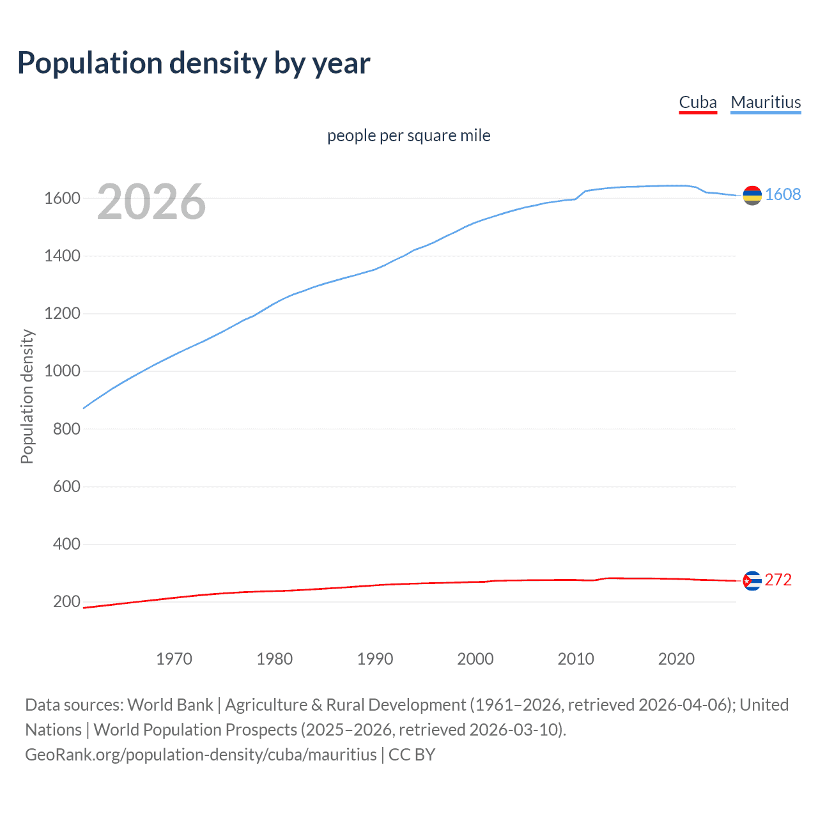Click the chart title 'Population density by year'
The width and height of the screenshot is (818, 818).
(194, 63)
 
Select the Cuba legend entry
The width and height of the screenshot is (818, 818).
(698, 102)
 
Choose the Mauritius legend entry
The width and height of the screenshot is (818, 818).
(766, 102)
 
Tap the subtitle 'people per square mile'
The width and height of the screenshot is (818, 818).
(409, 135)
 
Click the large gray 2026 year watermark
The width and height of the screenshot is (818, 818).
(151, 202)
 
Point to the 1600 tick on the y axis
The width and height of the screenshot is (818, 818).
(62, 198)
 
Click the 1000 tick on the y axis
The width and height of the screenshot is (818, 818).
(62, 371)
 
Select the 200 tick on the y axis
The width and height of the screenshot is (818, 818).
(66, 601)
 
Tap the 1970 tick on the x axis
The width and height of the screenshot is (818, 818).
(174, 659)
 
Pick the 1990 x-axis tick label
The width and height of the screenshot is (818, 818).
(375, 659)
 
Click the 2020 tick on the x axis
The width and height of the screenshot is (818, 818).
(676, 659)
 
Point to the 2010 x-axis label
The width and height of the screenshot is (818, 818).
(576, 659)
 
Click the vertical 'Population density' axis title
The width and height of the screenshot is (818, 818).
(27, 396)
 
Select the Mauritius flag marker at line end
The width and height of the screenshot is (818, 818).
(752, 196)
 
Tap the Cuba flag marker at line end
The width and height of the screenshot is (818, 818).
(752, 581)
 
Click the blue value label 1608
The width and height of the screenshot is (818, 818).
(783, 194)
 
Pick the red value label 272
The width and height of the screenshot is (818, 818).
(778, 580)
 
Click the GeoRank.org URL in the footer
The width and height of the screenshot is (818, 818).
(201, 755)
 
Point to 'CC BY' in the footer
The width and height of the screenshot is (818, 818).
(412, 755)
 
